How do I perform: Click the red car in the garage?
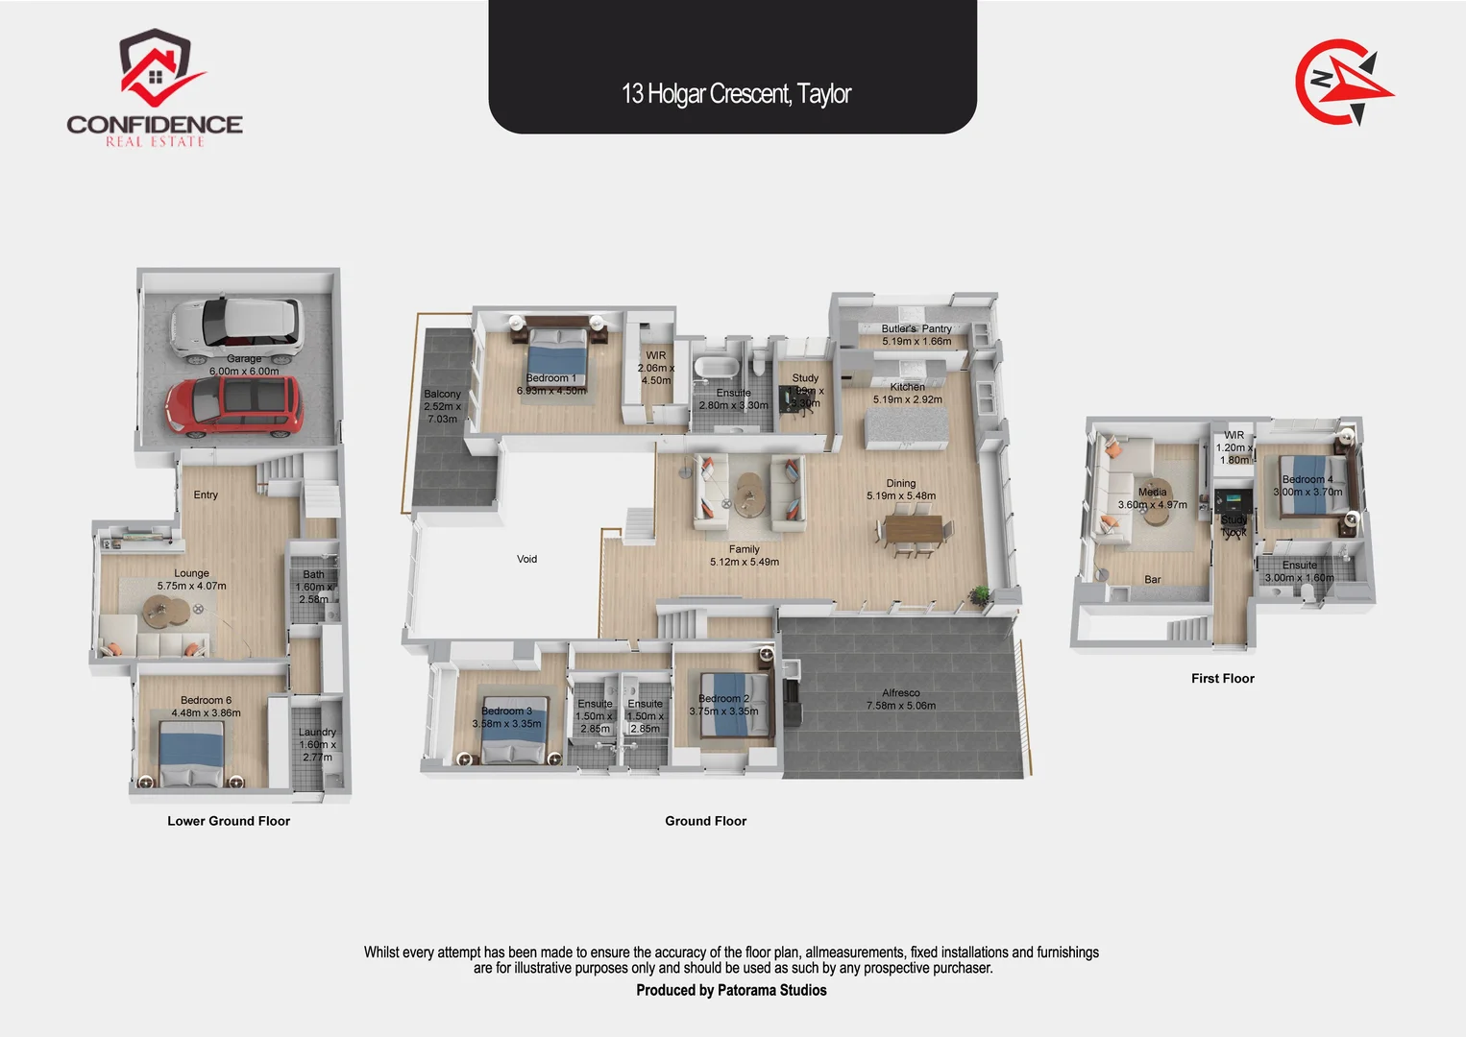pos(234,405)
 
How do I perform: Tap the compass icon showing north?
pos(1343,83)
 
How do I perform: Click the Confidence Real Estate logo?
pos(155,88)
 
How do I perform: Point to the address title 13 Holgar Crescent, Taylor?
pos(736,94)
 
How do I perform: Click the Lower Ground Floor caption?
pos(229,821)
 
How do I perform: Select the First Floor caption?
pos(1222,679)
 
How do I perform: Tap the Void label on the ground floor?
pos(526,559)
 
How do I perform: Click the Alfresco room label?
pos(901,693)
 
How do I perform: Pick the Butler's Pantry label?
pos(916,328)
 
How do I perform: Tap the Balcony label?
pos(442,395)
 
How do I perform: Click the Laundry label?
pos(317,733)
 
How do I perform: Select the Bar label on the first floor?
pos(1153,580)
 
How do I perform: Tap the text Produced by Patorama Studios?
pos(731,990)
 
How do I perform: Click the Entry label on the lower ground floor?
pos(206,495)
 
